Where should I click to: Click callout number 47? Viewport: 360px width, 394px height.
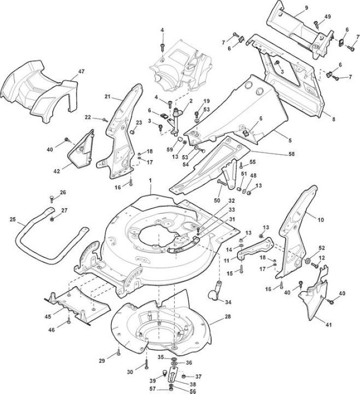tap(81, 71)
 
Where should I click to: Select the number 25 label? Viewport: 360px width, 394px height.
tap(13, 219)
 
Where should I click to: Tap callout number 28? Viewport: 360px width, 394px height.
tap(228, 316)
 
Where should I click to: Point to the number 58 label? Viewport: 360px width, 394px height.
tap(292, 154)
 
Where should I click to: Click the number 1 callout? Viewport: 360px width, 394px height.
tap(150, 180)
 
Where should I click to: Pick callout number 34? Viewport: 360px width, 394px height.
tap(228, 302)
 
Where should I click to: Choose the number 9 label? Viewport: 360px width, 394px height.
tap(306, 8)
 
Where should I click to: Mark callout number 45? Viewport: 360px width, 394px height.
tap(48, 317)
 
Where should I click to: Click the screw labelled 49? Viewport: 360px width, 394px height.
tap(316, 25)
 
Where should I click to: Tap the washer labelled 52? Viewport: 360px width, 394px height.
tap(308, 261)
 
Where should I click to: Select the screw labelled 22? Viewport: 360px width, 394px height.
tap(105, 120)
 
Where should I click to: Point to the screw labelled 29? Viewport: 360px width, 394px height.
tap(119, 353)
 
